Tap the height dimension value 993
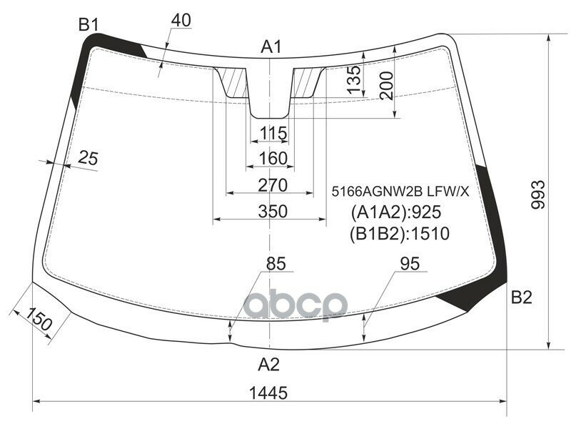539,194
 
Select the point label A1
271,47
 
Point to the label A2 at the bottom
268,365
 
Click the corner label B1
88,25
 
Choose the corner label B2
522,297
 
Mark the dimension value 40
181,21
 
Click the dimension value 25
88,158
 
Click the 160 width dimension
273,158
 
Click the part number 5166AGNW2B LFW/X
399,191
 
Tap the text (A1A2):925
396,212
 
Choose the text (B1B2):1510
400,234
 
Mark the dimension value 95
410,264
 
